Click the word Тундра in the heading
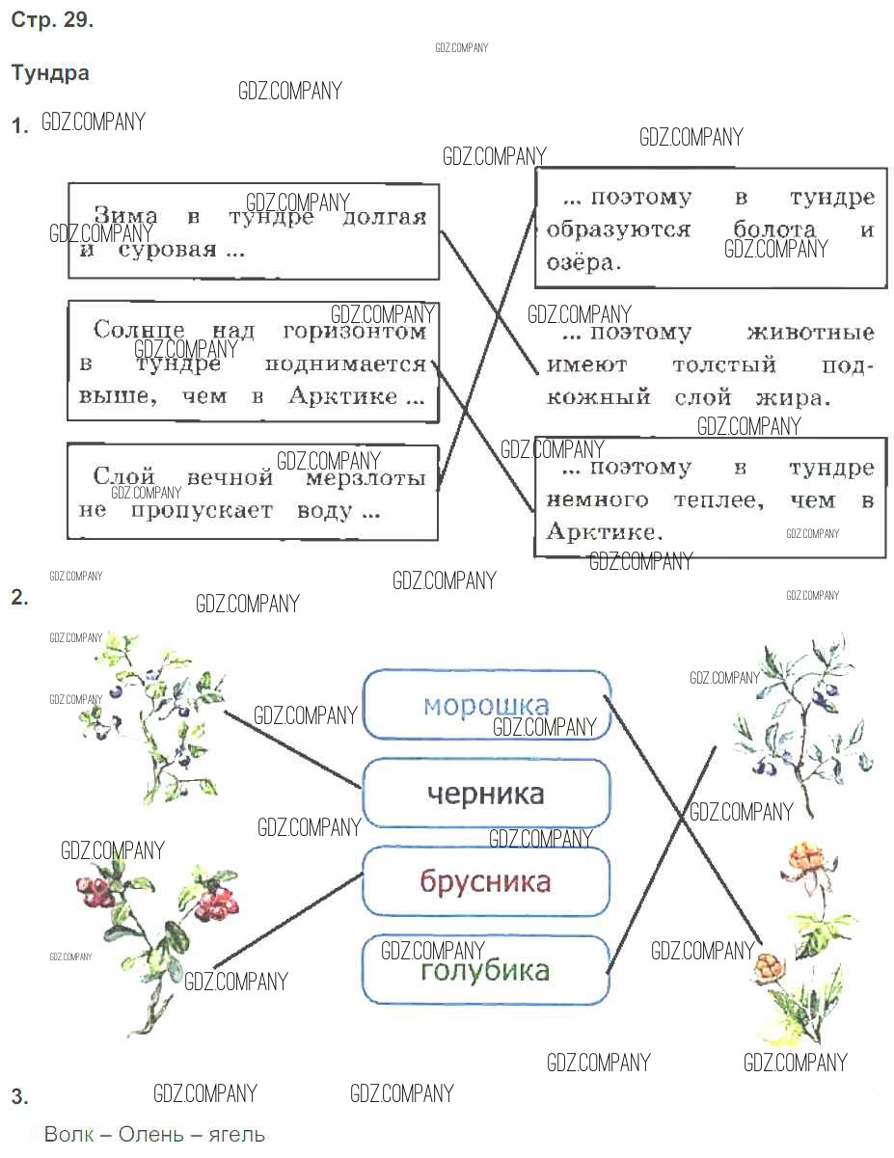(50, 73)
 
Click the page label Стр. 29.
(52, 21)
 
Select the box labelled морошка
(486, 705)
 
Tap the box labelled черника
(486, 793)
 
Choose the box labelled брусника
(486, 881)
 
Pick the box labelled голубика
(486, 970)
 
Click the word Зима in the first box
(124, 217)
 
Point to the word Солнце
(141, 332)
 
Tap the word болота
(773, 230)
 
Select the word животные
(810, 334)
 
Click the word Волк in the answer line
(68, 1133)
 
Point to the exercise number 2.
(19, 597)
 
